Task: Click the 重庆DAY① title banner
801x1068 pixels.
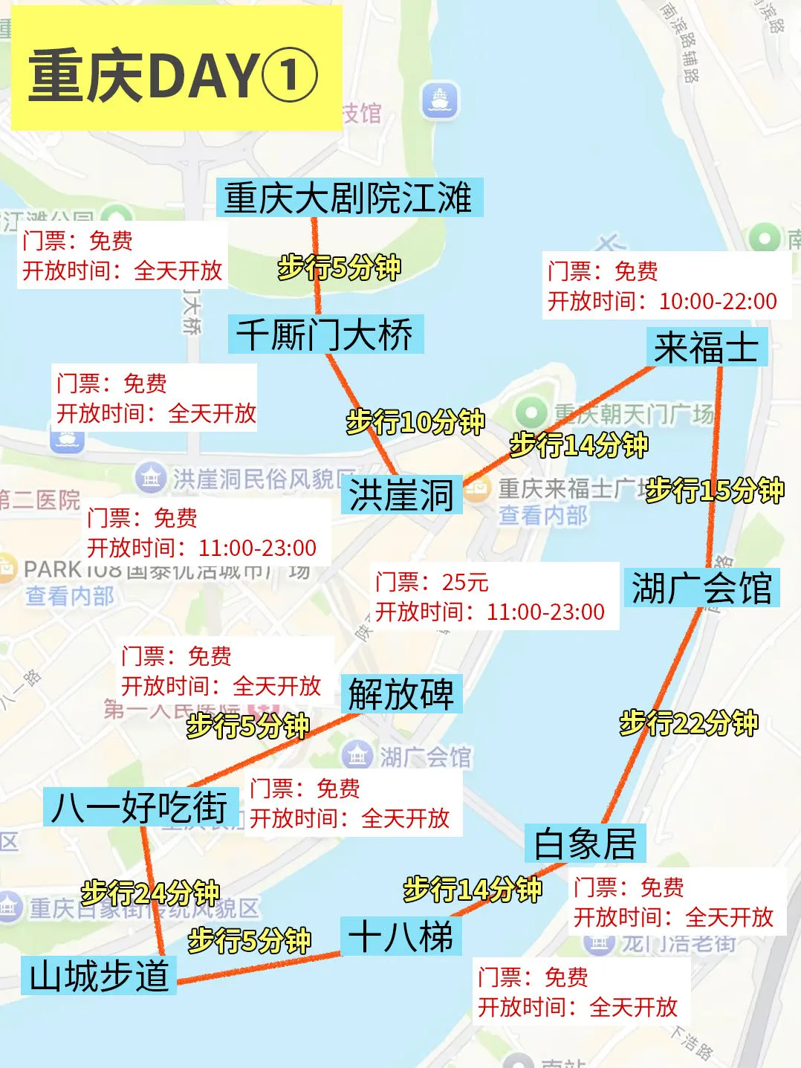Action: click(x=175, y=74)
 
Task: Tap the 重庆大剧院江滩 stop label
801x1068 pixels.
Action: click(x=349, y=198)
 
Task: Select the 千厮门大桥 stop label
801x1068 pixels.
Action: click(x=325, y=334)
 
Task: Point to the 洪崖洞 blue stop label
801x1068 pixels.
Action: click(x=401, y=495)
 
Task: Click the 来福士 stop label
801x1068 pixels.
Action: click(x=706, y=347)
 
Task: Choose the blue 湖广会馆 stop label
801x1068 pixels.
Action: click(x=701, y=588)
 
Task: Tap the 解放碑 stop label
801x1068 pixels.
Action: click(x=401, y=694)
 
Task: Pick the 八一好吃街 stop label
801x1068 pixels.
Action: click(x=140, y=806)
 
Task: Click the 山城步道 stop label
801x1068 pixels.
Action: click(x=99, y=975)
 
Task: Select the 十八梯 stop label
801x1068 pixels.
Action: click(x=401, y=936)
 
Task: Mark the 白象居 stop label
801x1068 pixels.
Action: click(x=585, y=844)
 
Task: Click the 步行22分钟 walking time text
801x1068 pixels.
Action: click(x=689, y=722)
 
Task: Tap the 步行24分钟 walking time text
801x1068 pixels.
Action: click(x=150, y=892)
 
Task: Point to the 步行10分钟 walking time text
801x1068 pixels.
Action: click(x=415, y=422)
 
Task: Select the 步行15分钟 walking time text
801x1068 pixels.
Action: click(x=715, y=490)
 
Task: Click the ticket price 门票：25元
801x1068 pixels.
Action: click(x=432, y=582)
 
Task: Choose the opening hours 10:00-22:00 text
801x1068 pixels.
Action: click(x=718, y=301)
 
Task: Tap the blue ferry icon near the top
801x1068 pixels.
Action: click(x=440, y=100)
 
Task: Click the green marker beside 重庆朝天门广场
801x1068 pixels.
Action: click(x=531, y=412)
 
